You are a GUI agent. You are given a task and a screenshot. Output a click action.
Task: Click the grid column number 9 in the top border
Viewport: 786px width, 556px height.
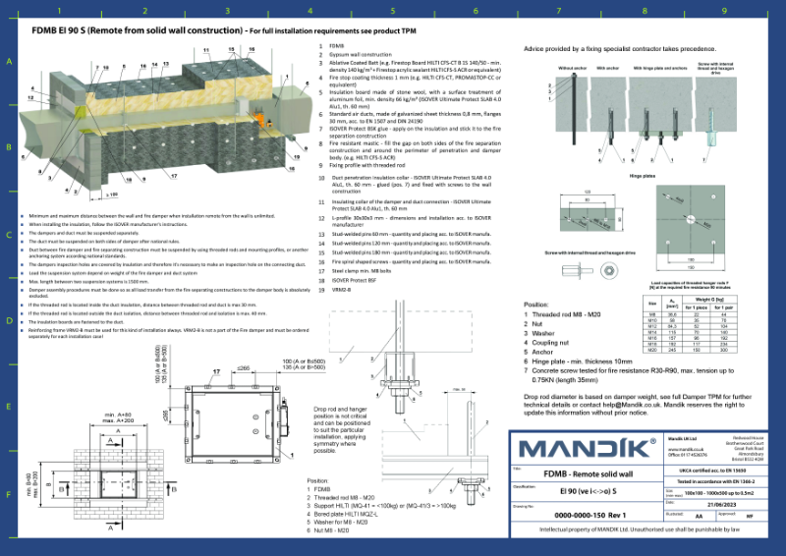(724, 12)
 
